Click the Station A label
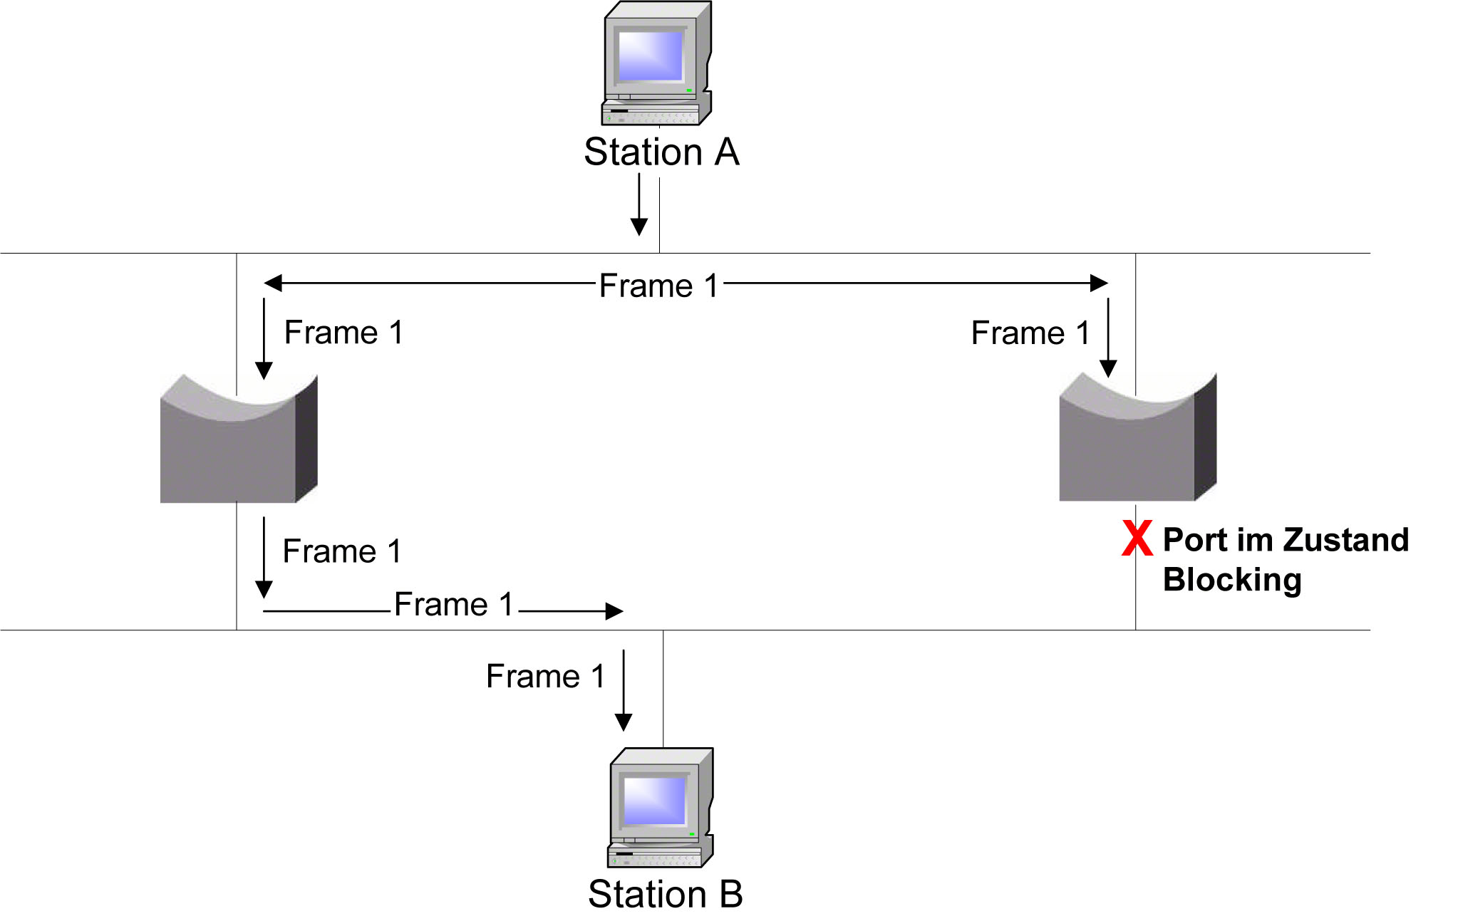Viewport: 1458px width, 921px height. [661, 152]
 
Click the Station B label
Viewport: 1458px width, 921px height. [665, 894]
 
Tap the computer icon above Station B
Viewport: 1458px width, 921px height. [661, 808]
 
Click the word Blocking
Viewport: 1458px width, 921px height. [1232, 580]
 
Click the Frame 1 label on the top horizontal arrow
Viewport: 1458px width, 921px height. [658, 286]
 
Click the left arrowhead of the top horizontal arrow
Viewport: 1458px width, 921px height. [273, 283]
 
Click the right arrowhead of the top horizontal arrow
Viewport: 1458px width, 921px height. [1100, 283]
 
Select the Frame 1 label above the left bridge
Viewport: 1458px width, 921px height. [343, 333]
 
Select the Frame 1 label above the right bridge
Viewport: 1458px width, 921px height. [1030, 333]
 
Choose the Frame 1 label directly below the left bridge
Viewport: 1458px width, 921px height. [342, 551]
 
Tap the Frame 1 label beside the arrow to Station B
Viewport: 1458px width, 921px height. [545, 676]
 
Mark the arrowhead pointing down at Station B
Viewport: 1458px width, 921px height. [624, 722]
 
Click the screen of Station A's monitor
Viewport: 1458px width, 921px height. [650, 56]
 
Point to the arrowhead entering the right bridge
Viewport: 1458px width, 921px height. [1108, 368]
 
